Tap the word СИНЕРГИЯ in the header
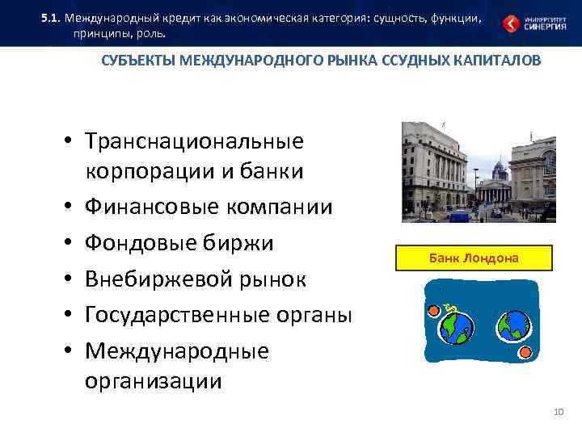[544, 27]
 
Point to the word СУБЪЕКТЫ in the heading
[135, 61]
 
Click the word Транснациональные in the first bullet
[194, 141]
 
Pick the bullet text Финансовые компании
[208, 207]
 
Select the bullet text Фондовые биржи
[179, 243]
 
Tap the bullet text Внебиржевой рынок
[196, 279]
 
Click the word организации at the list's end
[153, 380]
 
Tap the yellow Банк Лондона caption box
[474, 258]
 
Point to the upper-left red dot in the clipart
[433, 310]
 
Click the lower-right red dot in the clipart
[526, 353]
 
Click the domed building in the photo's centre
[498, 172]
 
